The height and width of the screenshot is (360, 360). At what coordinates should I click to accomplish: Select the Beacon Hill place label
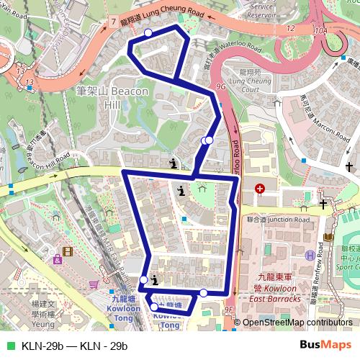(112, 98)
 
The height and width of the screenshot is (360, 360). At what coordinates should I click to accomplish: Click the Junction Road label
(278, 219)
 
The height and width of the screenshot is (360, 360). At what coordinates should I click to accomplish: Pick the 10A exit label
(321, 32)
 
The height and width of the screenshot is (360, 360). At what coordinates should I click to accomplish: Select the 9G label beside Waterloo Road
(220, 85)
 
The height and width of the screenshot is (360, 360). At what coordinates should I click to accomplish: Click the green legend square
(9, 346)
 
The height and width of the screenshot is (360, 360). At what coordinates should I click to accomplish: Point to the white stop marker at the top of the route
(148, 33)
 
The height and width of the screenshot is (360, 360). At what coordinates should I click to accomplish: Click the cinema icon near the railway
(68, 251)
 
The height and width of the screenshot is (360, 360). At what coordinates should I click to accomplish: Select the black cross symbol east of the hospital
(324, 204)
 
